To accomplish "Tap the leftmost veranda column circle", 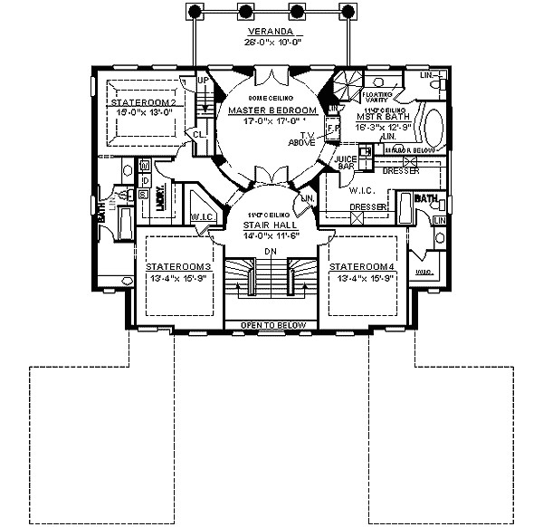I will [193, 11].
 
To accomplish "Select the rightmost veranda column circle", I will [345, 11].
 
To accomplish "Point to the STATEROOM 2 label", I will [143, 103].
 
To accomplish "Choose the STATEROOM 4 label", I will [361, 267].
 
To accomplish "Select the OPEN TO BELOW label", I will [271, 325].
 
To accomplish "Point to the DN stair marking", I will [269, 251].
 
